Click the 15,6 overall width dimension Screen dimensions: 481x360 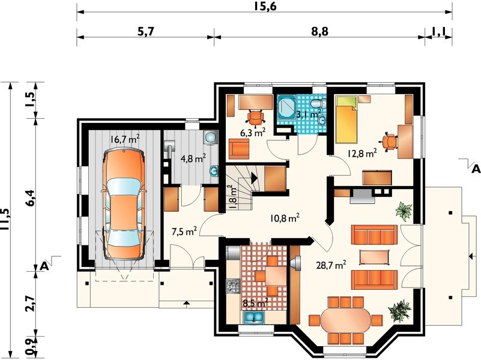click(x=265, y=6)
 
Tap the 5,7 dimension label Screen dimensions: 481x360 click(x=145, y=32)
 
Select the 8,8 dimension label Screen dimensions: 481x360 click(x=319, y=32)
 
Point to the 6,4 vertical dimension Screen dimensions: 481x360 click(x=31, y=198)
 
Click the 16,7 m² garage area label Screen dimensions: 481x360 click(x=125, y=139)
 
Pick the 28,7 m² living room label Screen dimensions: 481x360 click(x=331, y=265)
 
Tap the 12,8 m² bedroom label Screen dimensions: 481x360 click(x=362, y=152)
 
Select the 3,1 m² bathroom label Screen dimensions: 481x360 click(x=308, y=114)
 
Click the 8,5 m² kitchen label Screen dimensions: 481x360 click(x=256, y=303)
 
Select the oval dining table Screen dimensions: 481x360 click(x=345, y=320)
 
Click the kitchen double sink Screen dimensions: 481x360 click(x=253, y=317)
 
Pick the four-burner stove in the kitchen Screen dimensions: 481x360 click(x=232, y=286)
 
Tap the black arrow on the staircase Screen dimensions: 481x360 click(x=254, y=178)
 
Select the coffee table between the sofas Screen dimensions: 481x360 click(x=374, y=257)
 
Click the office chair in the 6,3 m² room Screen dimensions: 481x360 click(x=256, y=118)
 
